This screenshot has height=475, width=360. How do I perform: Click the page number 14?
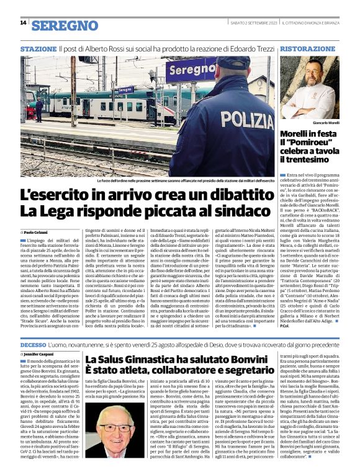pyautogui.click(x=23, y=23)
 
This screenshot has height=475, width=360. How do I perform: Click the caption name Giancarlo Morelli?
pyautogui.click(x=323, y=123)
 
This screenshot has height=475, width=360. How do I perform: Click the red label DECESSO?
pyautogui.click(x=33, y=343)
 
